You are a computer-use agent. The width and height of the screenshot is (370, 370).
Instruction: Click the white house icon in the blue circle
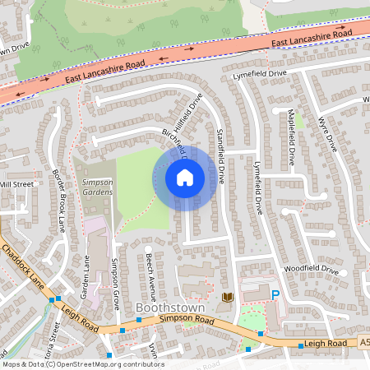(185, 177)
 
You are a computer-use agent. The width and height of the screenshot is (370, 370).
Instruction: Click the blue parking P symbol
(275, 294)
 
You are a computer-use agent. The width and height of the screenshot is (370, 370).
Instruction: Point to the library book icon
(227, 295)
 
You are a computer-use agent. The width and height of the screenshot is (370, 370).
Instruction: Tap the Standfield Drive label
(220, 155)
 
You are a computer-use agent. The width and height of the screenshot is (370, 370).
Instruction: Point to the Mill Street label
(16, 184)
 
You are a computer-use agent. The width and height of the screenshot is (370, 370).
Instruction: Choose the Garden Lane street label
(85, 275)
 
